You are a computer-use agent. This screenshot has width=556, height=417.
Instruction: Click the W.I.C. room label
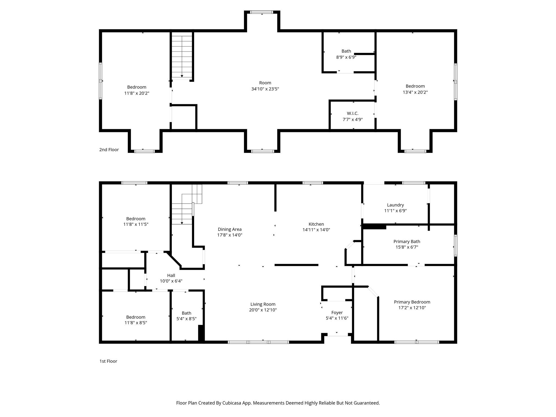pyautogui.click(x=352, y=113)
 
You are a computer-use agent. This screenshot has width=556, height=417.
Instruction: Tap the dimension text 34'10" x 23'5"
pyautogui.click(x=265, y=89)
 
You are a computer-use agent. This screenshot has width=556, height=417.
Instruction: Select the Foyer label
pyautogui.click(x=337, y=312)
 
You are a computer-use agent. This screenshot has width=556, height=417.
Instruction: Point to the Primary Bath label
pyautogui.click(x=407, y=242)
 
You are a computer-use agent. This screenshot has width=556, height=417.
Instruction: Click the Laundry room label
pyautogui.click(x=395, y=205)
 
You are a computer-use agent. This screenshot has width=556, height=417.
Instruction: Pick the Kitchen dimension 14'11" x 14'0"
pyautogui.click(x=316, y=230)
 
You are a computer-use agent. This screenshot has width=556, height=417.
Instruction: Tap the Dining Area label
pyautogui.click(x=229, y=229)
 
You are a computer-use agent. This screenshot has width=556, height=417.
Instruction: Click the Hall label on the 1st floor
pyautogui.click(x=171, y=275)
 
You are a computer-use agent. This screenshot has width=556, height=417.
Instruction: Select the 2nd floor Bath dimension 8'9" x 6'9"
pyautogui.click(x=346, y=57)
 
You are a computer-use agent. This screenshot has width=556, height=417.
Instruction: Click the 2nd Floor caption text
pyautogui.click(x=109, y=150)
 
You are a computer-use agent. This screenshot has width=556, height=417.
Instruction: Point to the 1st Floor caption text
pyautogui.click(x=108, y=361)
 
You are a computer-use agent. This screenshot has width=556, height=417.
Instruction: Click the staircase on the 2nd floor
pyautogui.click(x=182, y=56)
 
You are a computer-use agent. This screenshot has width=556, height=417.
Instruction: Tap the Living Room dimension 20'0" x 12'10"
pyautogui.click(x=263, y=310)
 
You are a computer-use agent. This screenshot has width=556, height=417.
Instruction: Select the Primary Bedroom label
pyautogui.click(x=412, y=302)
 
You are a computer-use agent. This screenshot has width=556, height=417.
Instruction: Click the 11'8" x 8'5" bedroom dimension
pyautogui.click(x=136, y=323)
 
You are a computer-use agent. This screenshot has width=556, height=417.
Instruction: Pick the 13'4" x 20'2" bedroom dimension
pyautogui.click(x=415, y=92)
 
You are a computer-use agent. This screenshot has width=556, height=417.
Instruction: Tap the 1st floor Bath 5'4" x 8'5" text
pyautogui.click(x=187, y=319)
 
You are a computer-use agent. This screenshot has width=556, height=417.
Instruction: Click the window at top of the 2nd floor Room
pyautogui.click(x=262, y=12)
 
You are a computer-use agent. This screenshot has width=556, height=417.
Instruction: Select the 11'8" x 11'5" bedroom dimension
pyautogui.click(x=136, y=224)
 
